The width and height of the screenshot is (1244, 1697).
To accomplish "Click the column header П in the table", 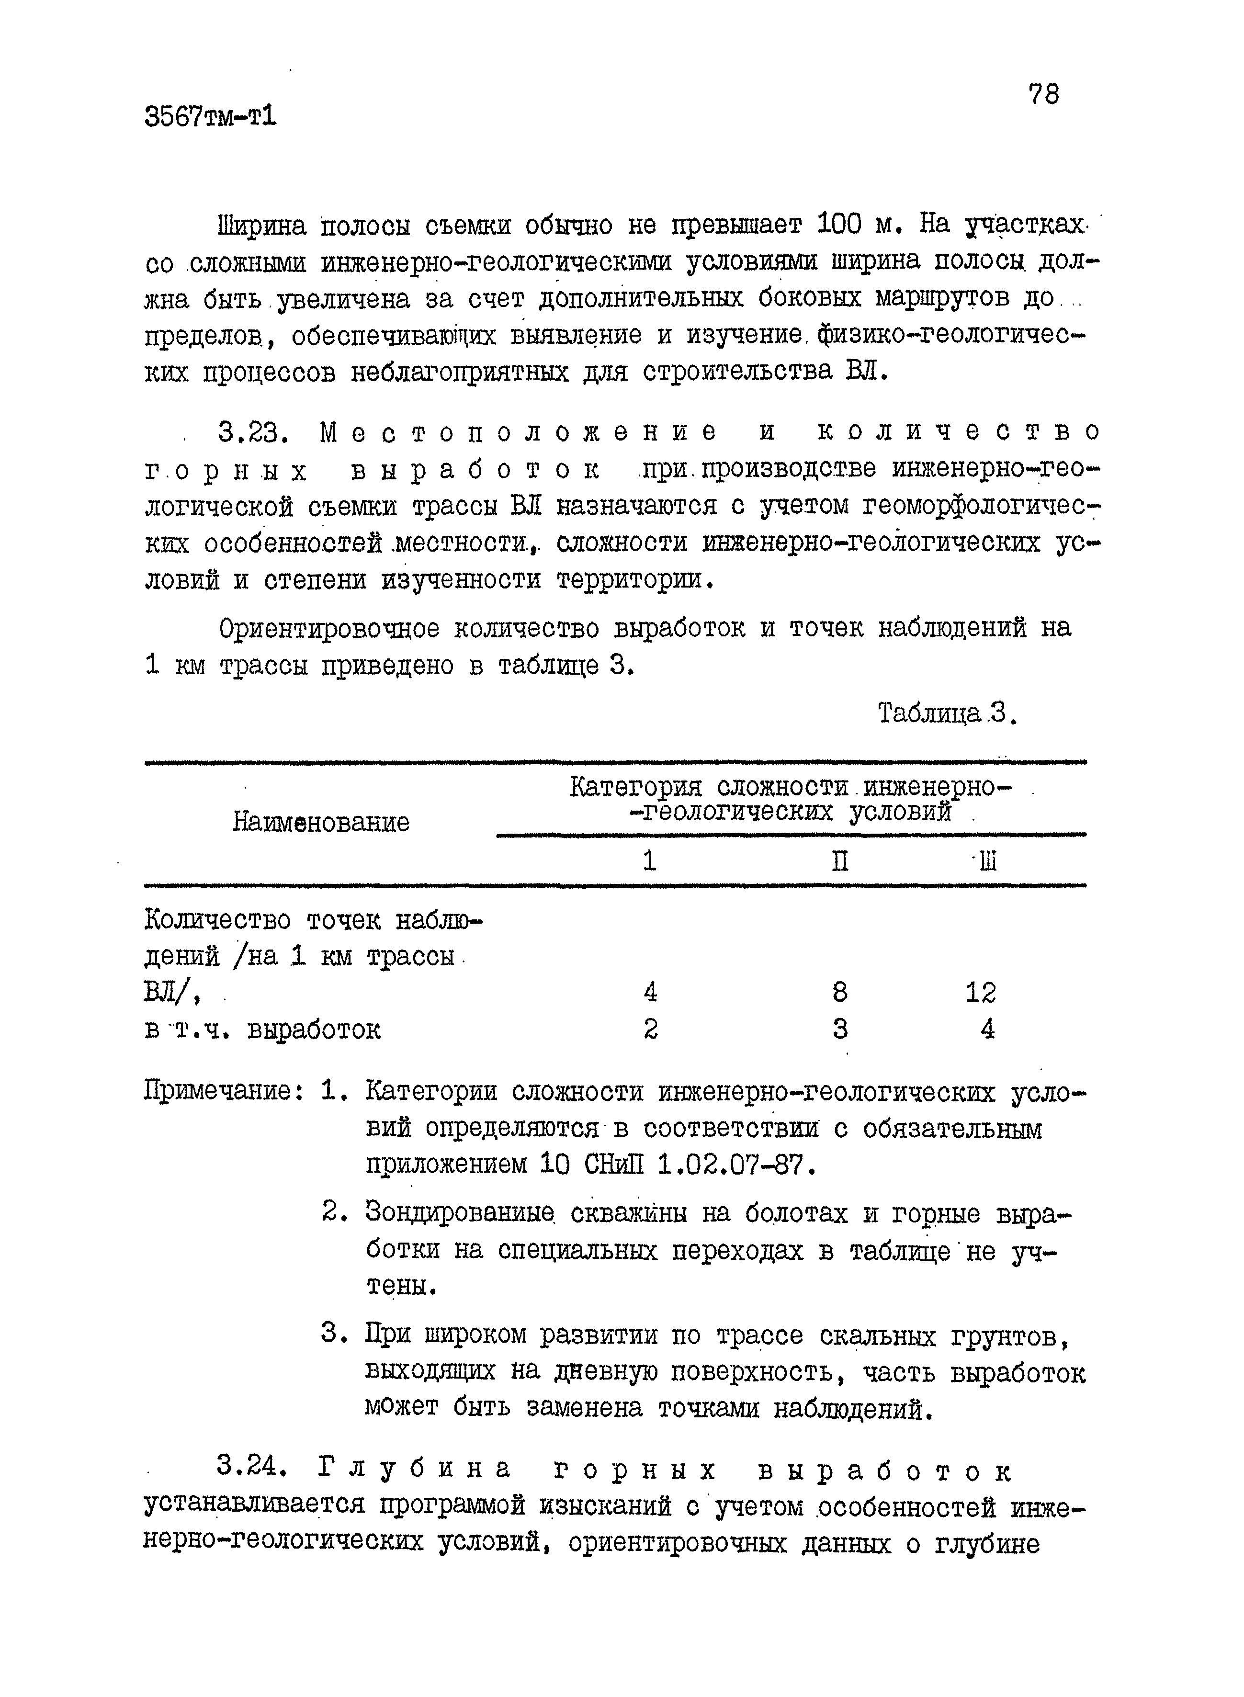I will pyautogui.click(x=840, y=860).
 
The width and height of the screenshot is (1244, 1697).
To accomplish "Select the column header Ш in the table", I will pyautogui.click(x=987, y=860).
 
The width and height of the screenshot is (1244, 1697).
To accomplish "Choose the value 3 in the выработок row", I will pyautogui.click(x=840, y=1029).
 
